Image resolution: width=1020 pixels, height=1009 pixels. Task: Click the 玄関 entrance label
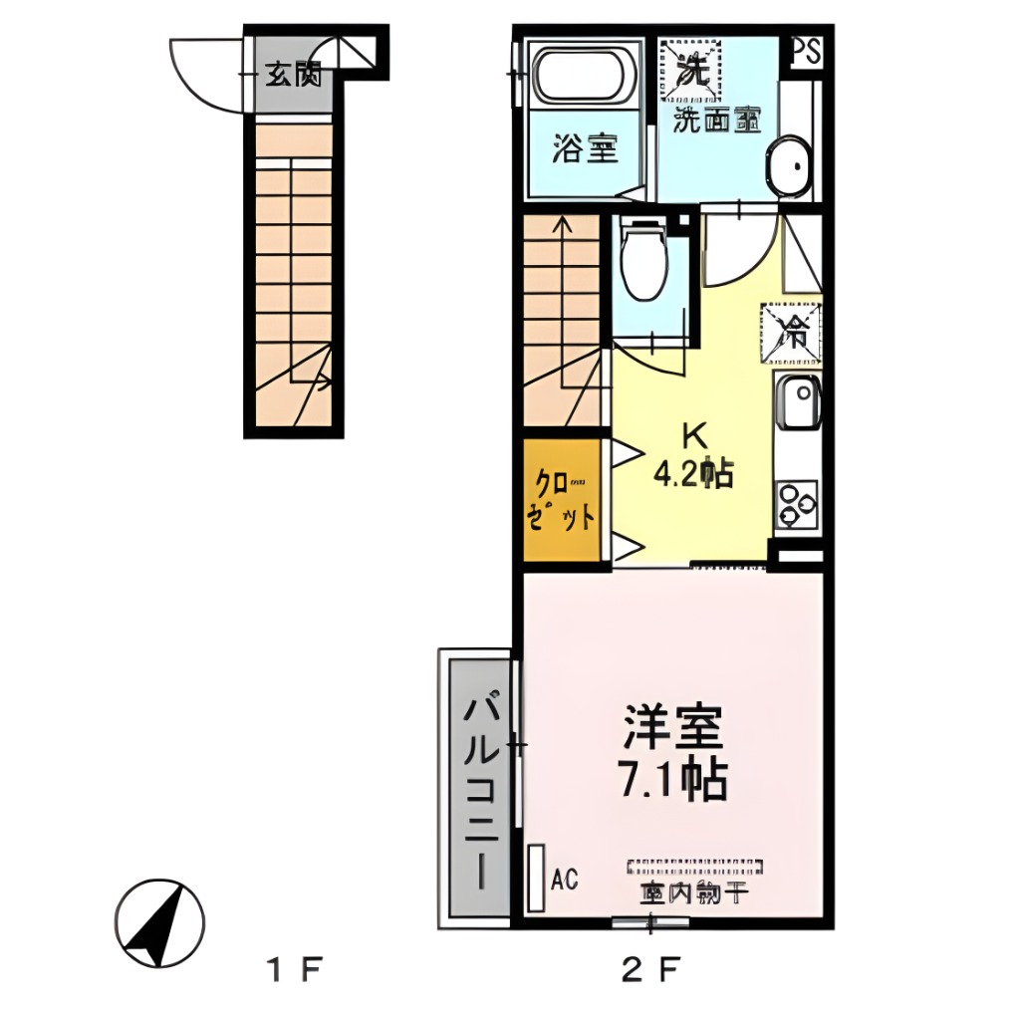pos(293,75)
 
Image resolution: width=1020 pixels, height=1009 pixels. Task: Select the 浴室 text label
pos(586,150)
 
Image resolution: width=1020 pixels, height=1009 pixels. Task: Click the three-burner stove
pos(797,503)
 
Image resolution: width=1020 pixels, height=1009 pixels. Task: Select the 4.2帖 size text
pos(693,474)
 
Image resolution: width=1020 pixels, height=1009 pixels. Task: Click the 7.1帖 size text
pos(672,780)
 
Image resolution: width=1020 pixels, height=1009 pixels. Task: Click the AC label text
pos(565,878)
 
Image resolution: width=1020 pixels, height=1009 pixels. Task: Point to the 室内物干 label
pos(694,892)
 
